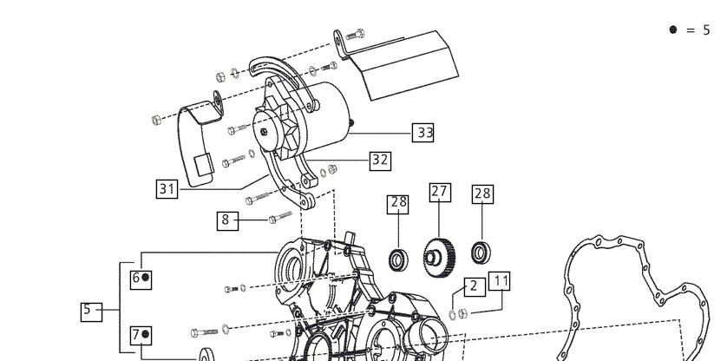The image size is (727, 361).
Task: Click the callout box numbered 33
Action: click(x=422, y=133)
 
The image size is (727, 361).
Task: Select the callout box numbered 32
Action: click(x=380, y=161)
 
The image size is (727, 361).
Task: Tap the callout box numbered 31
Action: click(x=167, y=189)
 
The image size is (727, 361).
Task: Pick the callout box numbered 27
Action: click(x=440, y=192)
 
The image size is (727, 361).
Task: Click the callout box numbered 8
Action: click(x=227, y=221)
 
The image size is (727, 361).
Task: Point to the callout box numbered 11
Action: click(x=500, y=280)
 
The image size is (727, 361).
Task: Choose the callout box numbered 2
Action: click(x=475, y=286)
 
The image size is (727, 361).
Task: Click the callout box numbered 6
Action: click(x=141, y=279)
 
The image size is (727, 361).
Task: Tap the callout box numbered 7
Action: click(x=141, y=335)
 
